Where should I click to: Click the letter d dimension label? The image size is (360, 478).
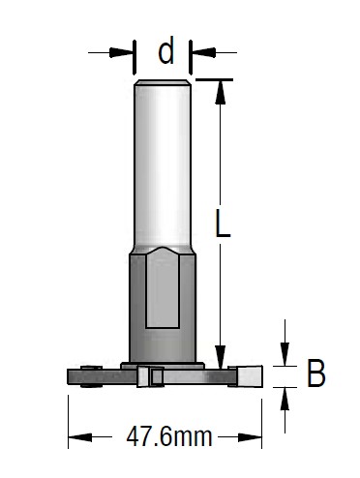point(166,50)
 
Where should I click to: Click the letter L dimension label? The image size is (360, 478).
point(223,224)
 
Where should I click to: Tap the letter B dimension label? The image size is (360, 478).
point(315,373)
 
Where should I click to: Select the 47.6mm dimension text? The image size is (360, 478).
point(169,436)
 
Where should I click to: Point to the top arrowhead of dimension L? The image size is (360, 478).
point(221,92)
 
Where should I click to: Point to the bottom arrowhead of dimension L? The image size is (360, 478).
point(221,357)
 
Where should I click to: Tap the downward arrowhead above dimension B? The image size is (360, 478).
point(285,354)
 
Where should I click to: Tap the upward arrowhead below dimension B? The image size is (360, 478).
point(285,399)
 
